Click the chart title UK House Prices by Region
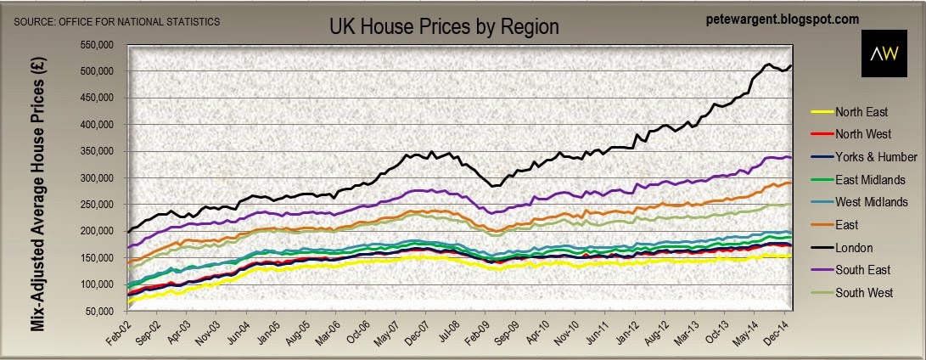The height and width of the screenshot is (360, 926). (444, 26)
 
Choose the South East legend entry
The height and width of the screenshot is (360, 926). (863, 271)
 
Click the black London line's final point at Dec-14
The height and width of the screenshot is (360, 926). (791, 66)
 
